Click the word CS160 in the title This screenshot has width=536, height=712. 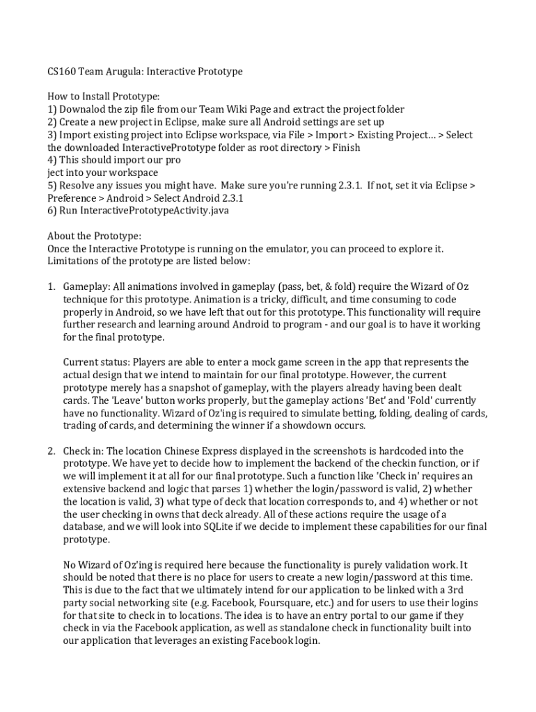pyautogui.click(x=61, y=72)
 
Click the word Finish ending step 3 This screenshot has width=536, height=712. pyautogui.click(x=346, y=147)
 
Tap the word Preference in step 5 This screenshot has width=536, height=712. pyautogui.click(x=72, y=197)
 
